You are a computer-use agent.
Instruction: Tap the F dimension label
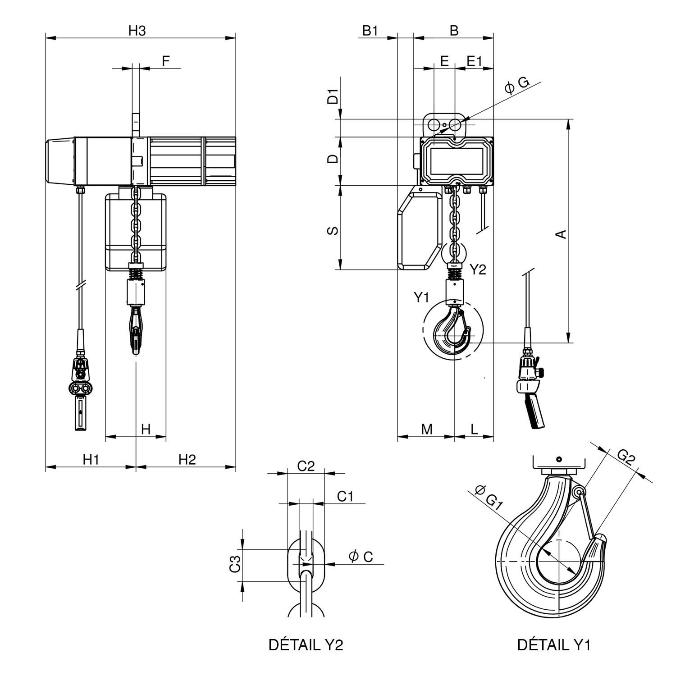click(x=166, y=61)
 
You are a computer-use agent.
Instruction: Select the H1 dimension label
click(x=91, y=459)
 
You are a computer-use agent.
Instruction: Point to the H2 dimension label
click(x=187, y=459)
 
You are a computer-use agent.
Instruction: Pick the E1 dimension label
click(x=474, y=61)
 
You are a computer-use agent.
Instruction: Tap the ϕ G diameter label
click(x=516, y=84)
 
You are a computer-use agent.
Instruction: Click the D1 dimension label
click(x=333, y=97)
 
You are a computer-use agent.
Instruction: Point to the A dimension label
click(x=561, y=234)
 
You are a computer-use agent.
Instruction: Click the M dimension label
click(x=426, y=429)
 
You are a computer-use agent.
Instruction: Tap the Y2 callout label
click(x=478, y=269)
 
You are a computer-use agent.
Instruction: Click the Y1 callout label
click(x=422, y=297)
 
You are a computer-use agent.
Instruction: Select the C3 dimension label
click(x=234, y=564)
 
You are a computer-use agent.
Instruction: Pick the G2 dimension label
click(x=626, y=457)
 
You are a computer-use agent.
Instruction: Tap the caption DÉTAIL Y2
click(x=306, y=645)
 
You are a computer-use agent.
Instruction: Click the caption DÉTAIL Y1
click(x=553, y=645)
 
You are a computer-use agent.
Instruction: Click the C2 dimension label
click(x=306, y=466)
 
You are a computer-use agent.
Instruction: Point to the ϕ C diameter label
click(x=361, y=556)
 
